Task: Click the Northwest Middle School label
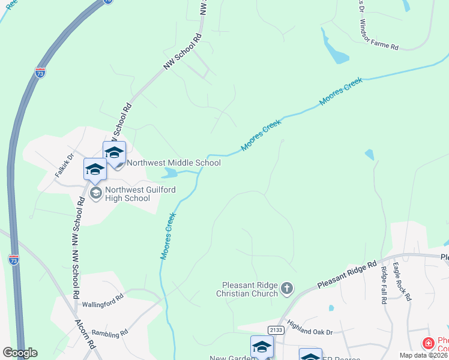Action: pos(173,163)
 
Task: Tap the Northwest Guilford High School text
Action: pos(127,194)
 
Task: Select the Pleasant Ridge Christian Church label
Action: pos(250,289)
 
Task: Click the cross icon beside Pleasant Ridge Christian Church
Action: pos(287,289)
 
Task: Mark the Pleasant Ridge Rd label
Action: pos(346,274)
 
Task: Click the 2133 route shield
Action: pos(276,330)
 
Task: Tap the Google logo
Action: pos(20,353)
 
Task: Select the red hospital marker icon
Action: pos(428,343)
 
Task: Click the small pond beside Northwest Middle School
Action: pos(170,174)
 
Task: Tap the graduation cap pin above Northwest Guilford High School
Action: pos(95,170)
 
